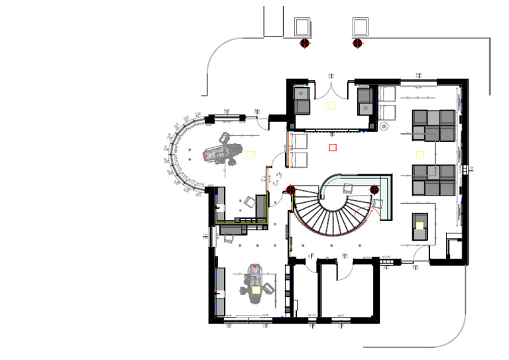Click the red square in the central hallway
[333, 147]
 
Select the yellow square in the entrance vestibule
[331, 105]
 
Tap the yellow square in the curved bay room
[251, 154]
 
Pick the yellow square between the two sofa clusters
[420, 154]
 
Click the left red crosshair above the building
[305, 43]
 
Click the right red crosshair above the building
[357, 43]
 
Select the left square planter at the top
[303, 27]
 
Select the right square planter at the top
[361, 27]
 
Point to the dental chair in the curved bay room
[222, 152]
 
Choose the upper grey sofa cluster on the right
[434, 126]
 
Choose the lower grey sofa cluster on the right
[434, 180]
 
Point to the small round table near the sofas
[384, 126]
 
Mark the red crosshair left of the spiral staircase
[291, 191]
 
